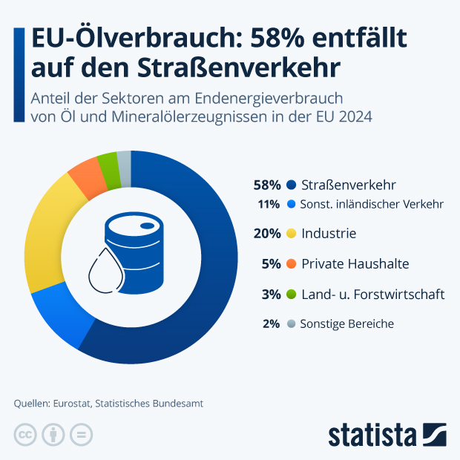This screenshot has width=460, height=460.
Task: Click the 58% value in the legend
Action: (x=266, y=185)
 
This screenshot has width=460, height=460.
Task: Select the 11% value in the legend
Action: (x=269, y=204)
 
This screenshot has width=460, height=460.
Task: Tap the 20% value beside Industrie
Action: (x=266, y=234)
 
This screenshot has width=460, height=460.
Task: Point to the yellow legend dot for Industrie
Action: (x=292, y=234)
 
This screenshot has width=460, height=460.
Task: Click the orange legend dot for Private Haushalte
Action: (x=292, y=264)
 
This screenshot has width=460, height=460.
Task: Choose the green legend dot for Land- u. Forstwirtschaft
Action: (x=292, y=295)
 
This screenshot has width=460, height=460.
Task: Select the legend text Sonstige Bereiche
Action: (x=346, y=324)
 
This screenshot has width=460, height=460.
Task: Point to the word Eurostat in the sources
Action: (x=72, y=404)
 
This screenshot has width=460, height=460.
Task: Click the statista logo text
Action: (x=372, y=434)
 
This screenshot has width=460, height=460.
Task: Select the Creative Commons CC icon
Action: (x=25, y=435)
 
